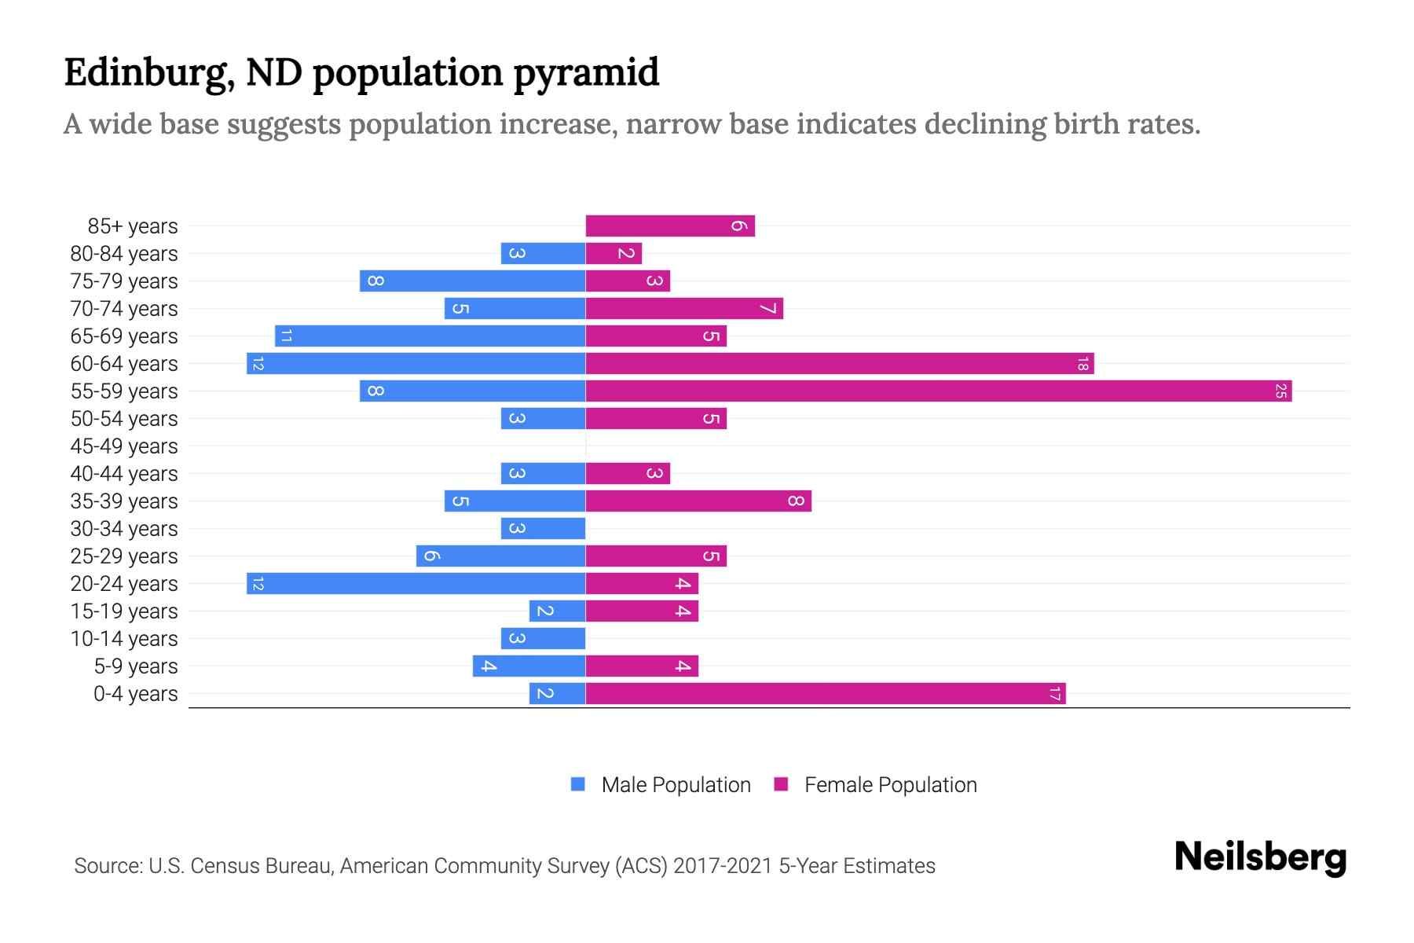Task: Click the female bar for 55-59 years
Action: [x=939, y=391]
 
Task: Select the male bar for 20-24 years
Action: [x=416, y=584]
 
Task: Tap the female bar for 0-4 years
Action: [x=825, y=694]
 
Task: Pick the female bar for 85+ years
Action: [x=670, y=226]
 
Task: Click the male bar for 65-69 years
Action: [x=430, y=336]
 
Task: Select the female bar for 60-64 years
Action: [x=839, y=364]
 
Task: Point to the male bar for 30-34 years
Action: [x=543, y=529]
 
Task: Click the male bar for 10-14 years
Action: [x=543, y=639]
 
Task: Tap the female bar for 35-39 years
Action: [x=698, y=501]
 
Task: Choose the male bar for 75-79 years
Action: [x=472, y=281]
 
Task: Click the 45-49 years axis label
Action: [x=124, y=446]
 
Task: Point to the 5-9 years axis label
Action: [x=136, y=666]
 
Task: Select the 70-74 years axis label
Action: [x=124, y=309]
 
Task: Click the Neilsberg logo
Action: [x=1260, y=857]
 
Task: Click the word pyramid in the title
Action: [x=586, y=73]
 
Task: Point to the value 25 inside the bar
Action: [x=1280, y=391]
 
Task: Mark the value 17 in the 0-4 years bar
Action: [x=1054, y=694]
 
